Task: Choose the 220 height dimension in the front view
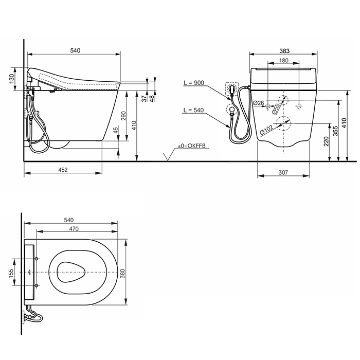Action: [x=327, y=141]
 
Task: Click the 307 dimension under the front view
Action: [x=284, y=173]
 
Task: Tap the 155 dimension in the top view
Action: [x=12, y=273]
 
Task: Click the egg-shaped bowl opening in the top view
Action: [x=70, y=271]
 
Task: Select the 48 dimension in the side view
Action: [x=153, y=97]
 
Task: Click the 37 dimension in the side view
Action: [x=145, y=97]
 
